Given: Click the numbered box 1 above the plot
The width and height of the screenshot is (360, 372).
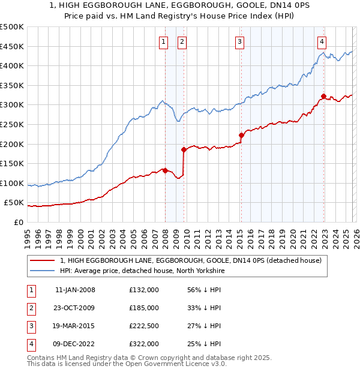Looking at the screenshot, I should point(163,41).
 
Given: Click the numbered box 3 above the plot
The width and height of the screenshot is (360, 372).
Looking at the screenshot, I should point(239,41).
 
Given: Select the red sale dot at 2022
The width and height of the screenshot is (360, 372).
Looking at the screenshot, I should point(323,96).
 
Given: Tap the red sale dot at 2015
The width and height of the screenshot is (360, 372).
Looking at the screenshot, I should point(241,135).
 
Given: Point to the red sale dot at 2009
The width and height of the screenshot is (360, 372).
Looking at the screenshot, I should point(184,149).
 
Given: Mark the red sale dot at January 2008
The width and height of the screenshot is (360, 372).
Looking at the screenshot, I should point(165,170).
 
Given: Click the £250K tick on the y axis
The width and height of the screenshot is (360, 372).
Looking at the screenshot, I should point(12,124).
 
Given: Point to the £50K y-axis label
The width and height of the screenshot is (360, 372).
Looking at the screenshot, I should point(14,203).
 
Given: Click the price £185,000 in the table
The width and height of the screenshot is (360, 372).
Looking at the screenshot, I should point(144,308).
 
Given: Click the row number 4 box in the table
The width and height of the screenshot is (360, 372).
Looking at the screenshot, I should point(31,344).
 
